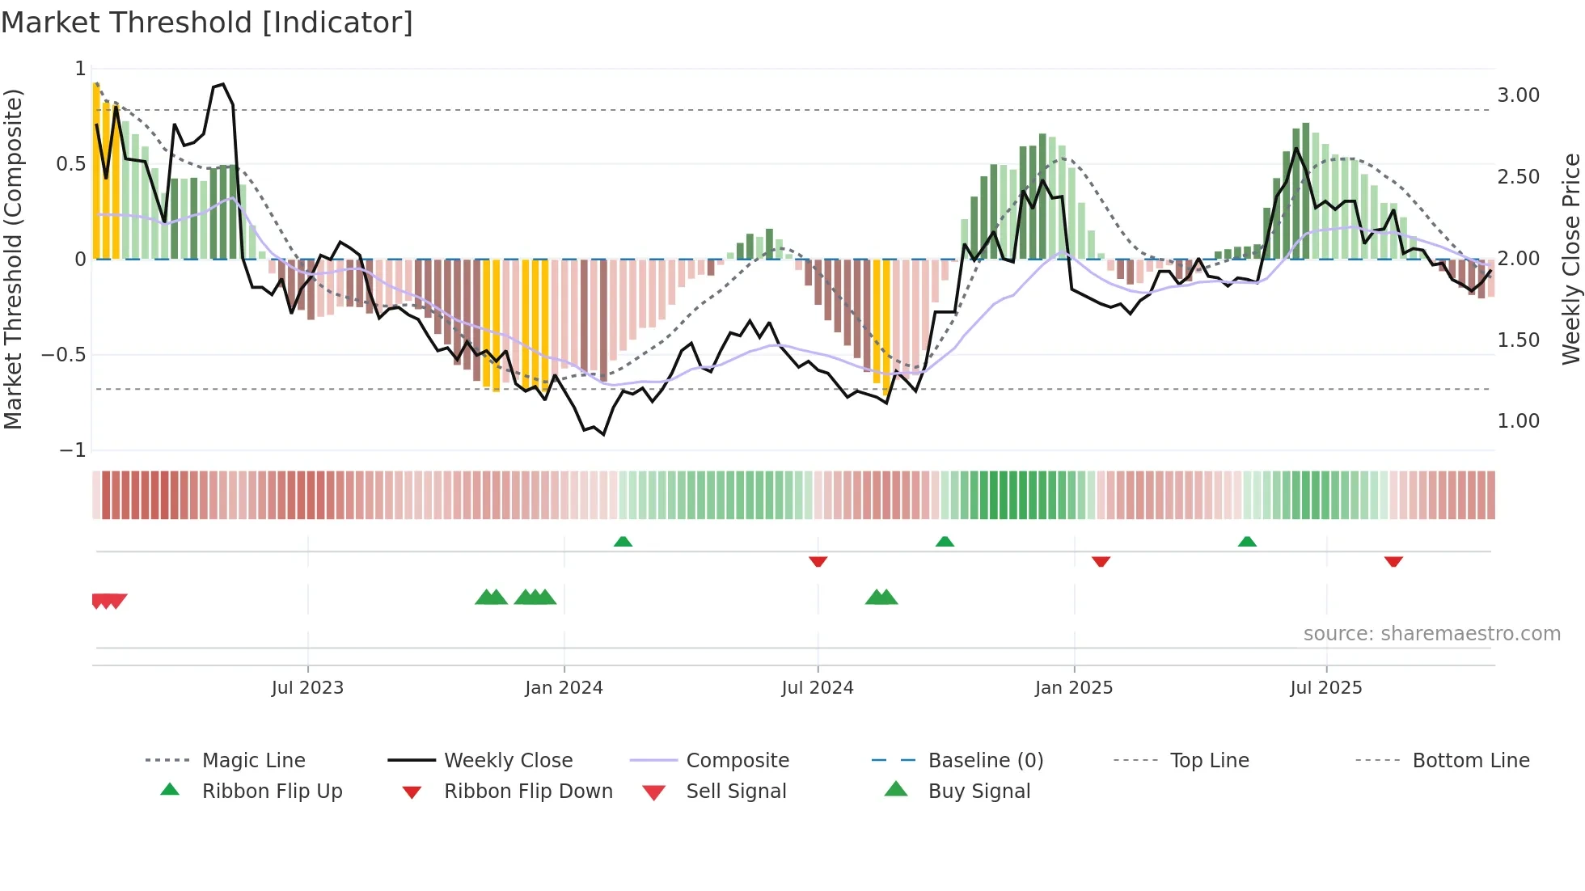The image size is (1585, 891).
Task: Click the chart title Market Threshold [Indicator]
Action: click(207, 23)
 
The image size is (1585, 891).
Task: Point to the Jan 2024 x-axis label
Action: click(564, 688)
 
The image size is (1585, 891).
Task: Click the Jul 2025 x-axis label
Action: click(1325, 688)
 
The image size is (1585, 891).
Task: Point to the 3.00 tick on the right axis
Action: click(1518, 95)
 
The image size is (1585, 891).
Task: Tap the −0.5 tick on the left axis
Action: click(64, 355)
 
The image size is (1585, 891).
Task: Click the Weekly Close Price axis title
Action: click(1570, 259)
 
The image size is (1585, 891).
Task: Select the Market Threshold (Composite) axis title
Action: click(13, 259)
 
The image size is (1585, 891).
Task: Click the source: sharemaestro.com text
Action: click(1431, 634)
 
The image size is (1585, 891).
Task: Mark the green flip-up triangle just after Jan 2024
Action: click(623, 542)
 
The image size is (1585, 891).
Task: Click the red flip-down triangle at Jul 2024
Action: click(818, 561)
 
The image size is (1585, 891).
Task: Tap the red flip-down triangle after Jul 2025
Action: click(1393, 561)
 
